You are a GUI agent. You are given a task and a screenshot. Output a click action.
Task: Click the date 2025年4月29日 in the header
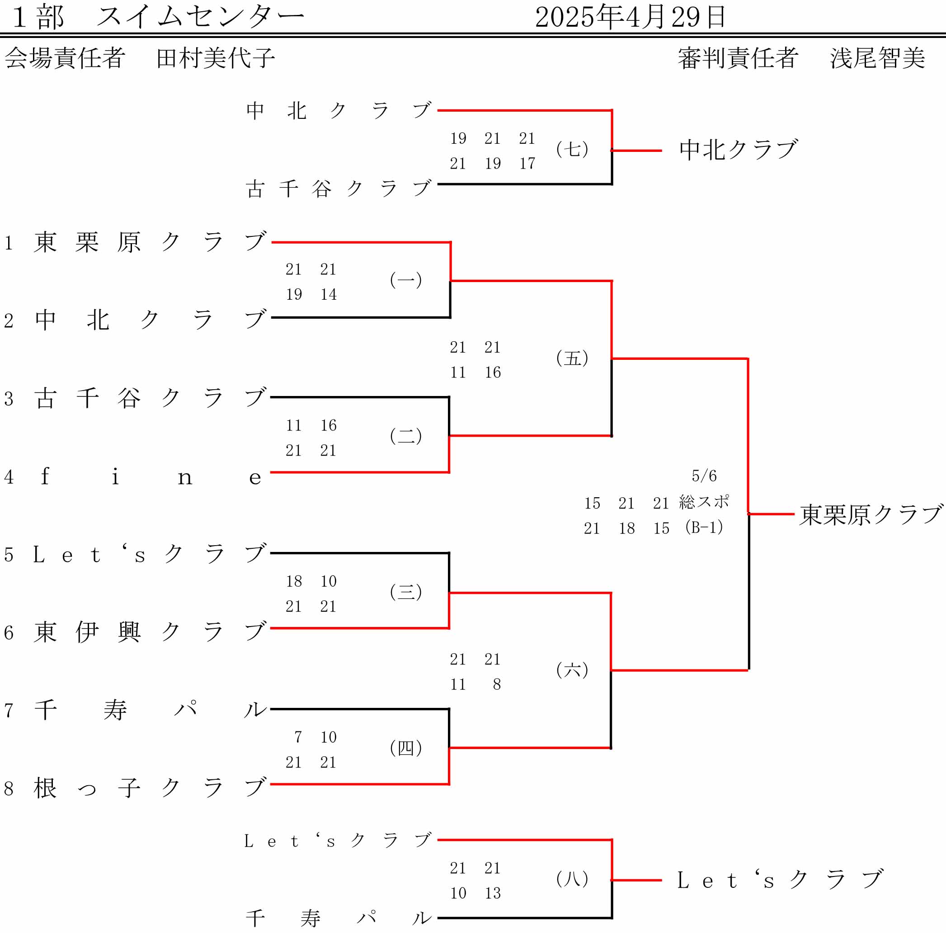630,17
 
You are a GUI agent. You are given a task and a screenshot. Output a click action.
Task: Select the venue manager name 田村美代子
216,58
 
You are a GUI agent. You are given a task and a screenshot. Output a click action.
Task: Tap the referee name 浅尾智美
877,58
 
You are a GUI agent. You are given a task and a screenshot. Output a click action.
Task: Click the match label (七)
572,149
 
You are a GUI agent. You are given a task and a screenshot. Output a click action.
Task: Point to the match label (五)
572,358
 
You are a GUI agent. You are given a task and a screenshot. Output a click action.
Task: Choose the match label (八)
572,879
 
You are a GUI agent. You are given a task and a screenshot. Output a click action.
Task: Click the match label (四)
406,748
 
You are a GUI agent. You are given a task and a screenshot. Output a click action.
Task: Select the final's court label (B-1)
704,527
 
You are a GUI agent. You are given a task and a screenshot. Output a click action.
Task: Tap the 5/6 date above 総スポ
704,476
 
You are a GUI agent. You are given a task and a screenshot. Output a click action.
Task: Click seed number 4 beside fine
9,476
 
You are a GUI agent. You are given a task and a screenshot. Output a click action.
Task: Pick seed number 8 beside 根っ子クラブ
9,788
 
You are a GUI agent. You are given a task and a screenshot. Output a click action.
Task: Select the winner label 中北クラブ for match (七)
739,150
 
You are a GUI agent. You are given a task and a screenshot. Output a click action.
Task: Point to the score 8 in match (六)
496,684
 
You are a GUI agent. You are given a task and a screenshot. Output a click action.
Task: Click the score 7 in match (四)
298,737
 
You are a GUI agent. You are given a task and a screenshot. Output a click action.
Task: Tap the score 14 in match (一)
329,294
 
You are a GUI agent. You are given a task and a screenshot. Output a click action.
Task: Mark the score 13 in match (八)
493,893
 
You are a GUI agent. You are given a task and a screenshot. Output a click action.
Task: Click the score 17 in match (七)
527,163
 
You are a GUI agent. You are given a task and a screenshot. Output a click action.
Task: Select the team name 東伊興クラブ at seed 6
150,632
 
